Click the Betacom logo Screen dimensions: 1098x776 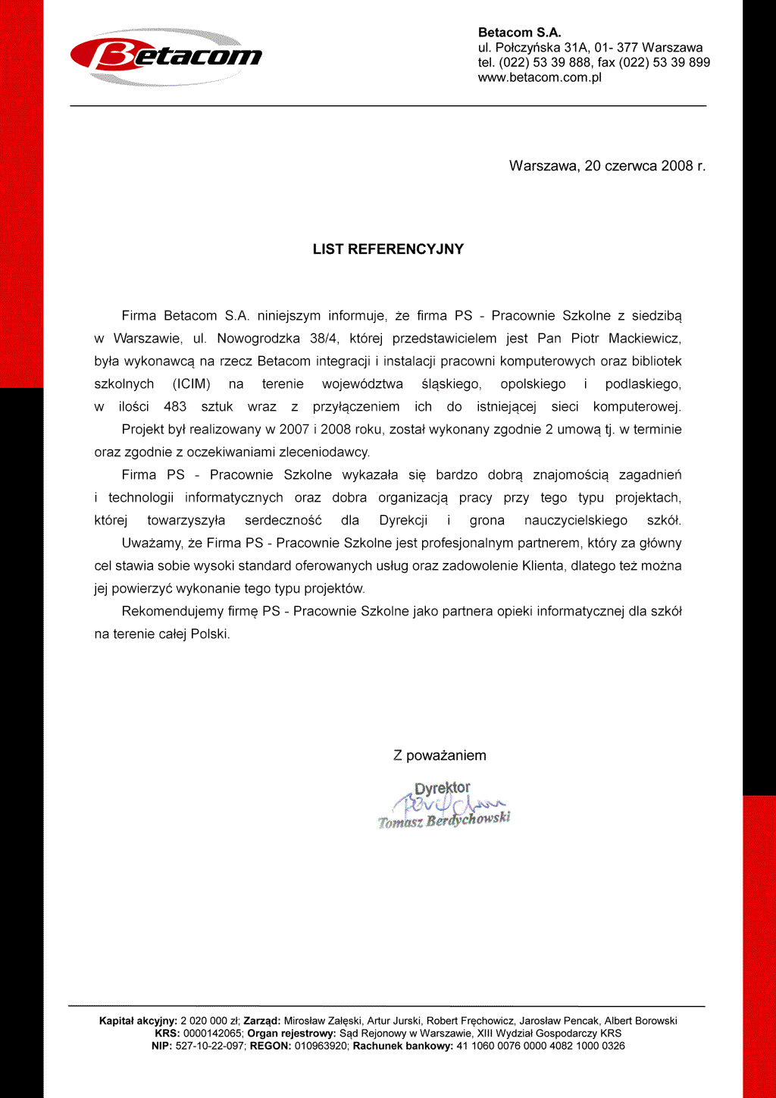pos(167,56)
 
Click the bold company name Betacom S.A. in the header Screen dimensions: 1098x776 pos(519,33)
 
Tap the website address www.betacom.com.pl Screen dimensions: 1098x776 pos(540,77)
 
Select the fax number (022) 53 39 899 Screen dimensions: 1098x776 pos(665,62)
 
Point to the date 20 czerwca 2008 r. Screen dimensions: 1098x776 pos(645,166)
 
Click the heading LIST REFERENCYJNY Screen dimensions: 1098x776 pos(388,249)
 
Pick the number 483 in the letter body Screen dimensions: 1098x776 pos(175,407)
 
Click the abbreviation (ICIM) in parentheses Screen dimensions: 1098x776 pos(191,384)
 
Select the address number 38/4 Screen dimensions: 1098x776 pos(324,339)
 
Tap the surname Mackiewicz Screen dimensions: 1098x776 pos(645,339)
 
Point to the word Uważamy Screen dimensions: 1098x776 pos(150,543)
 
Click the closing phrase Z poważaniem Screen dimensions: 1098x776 pos(440,755)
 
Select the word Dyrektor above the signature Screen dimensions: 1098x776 pos(442,788)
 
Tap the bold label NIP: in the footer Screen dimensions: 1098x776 pos(161,1046)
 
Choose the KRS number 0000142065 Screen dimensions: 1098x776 pos(213,1033)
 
